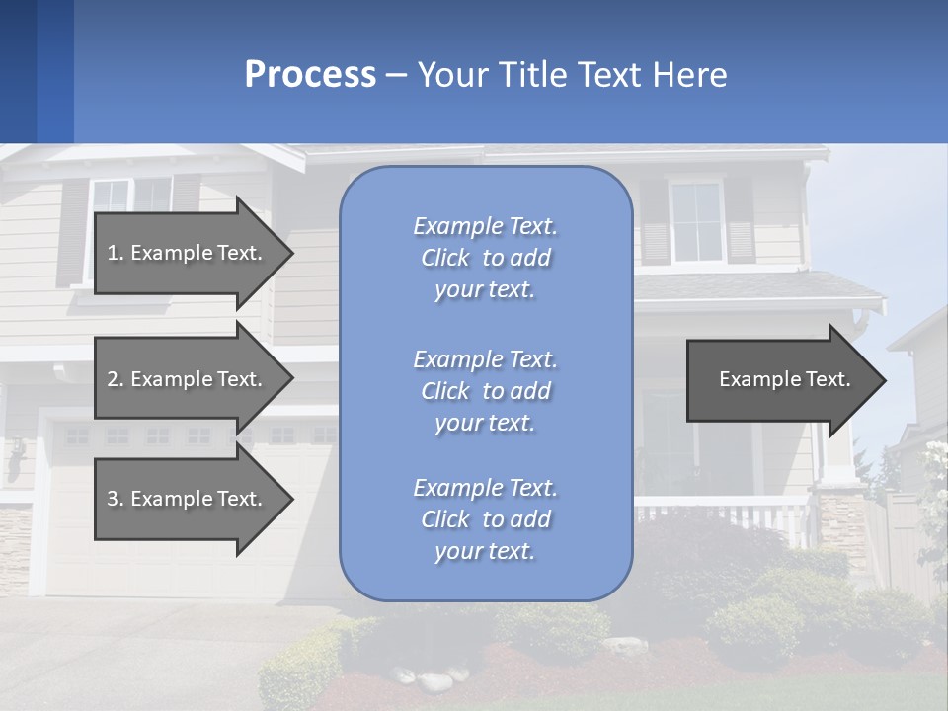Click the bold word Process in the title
coord(310,75)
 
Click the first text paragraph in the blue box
coord(485,258)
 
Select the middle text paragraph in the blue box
coord(485,390)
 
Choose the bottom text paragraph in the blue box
coord(485,519)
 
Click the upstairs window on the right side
coord(696,221)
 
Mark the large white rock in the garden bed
coord(434,681)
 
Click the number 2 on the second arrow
coord(113,379)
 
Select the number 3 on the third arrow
coord(113,499)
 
